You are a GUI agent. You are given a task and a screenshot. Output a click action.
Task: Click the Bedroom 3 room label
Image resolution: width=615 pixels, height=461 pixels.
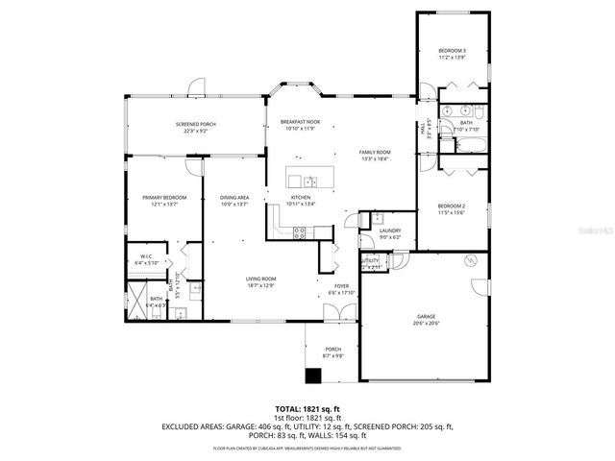pos(452,50)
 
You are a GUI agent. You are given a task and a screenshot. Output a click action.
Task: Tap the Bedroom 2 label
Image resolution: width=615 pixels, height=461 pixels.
pos(451,206)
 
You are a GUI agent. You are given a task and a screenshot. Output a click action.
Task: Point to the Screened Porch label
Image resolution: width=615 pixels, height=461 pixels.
pos(196,126)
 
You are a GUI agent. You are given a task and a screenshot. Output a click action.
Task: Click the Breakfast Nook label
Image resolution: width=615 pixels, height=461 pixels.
pos(300,123)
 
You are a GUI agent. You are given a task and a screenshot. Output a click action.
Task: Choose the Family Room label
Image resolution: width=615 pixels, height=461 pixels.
pos(375,153)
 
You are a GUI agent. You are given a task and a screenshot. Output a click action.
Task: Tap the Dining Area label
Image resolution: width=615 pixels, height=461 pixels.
pos(234,197)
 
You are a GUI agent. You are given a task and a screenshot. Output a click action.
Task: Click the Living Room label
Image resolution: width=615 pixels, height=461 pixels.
pos(260,279)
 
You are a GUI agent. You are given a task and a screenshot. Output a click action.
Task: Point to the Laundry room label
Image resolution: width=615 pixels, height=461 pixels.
pos(389,230)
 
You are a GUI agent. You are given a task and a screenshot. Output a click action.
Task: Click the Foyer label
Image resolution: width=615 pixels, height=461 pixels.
pos(342,286)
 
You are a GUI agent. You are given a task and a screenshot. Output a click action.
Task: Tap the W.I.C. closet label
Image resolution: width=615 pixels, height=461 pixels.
pos(146,256)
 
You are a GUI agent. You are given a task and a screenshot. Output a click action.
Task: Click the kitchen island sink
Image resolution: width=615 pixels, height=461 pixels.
pos(307,180)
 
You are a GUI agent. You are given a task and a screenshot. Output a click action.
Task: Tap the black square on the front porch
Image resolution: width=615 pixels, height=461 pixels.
pos(313,376)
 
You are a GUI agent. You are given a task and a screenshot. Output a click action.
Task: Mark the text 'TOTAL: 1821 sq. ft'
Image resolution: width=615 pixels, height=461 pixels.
pos(307,408)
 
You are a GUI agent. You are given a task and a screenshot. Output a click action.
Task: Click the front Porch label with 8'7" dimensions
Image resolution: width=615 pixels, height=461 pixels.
pos(333,350)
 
